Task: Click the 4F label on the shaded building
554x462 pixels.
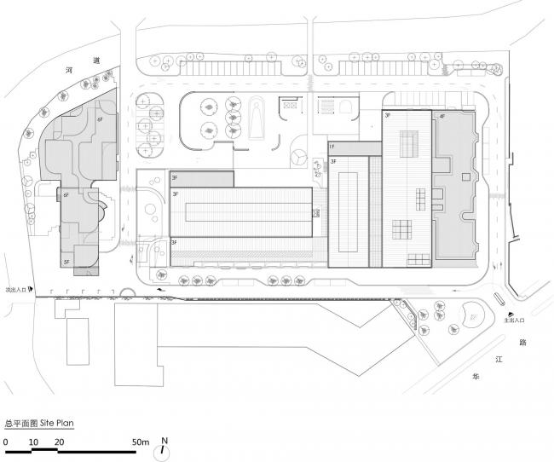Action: point(441,116)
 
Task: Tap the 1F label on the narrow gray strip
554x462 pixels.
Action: point(332,147)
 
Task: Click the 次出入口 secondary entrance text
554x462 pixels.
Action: point(14,289)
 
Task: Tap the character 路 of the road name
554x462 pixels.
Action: point(522,341)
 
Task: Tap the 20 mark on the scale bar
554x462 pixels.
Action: point(59,442)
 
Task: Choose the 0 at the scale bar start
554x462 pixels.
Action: point(5,442)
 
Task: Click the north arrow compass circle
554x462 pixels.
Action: point(165,452)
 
